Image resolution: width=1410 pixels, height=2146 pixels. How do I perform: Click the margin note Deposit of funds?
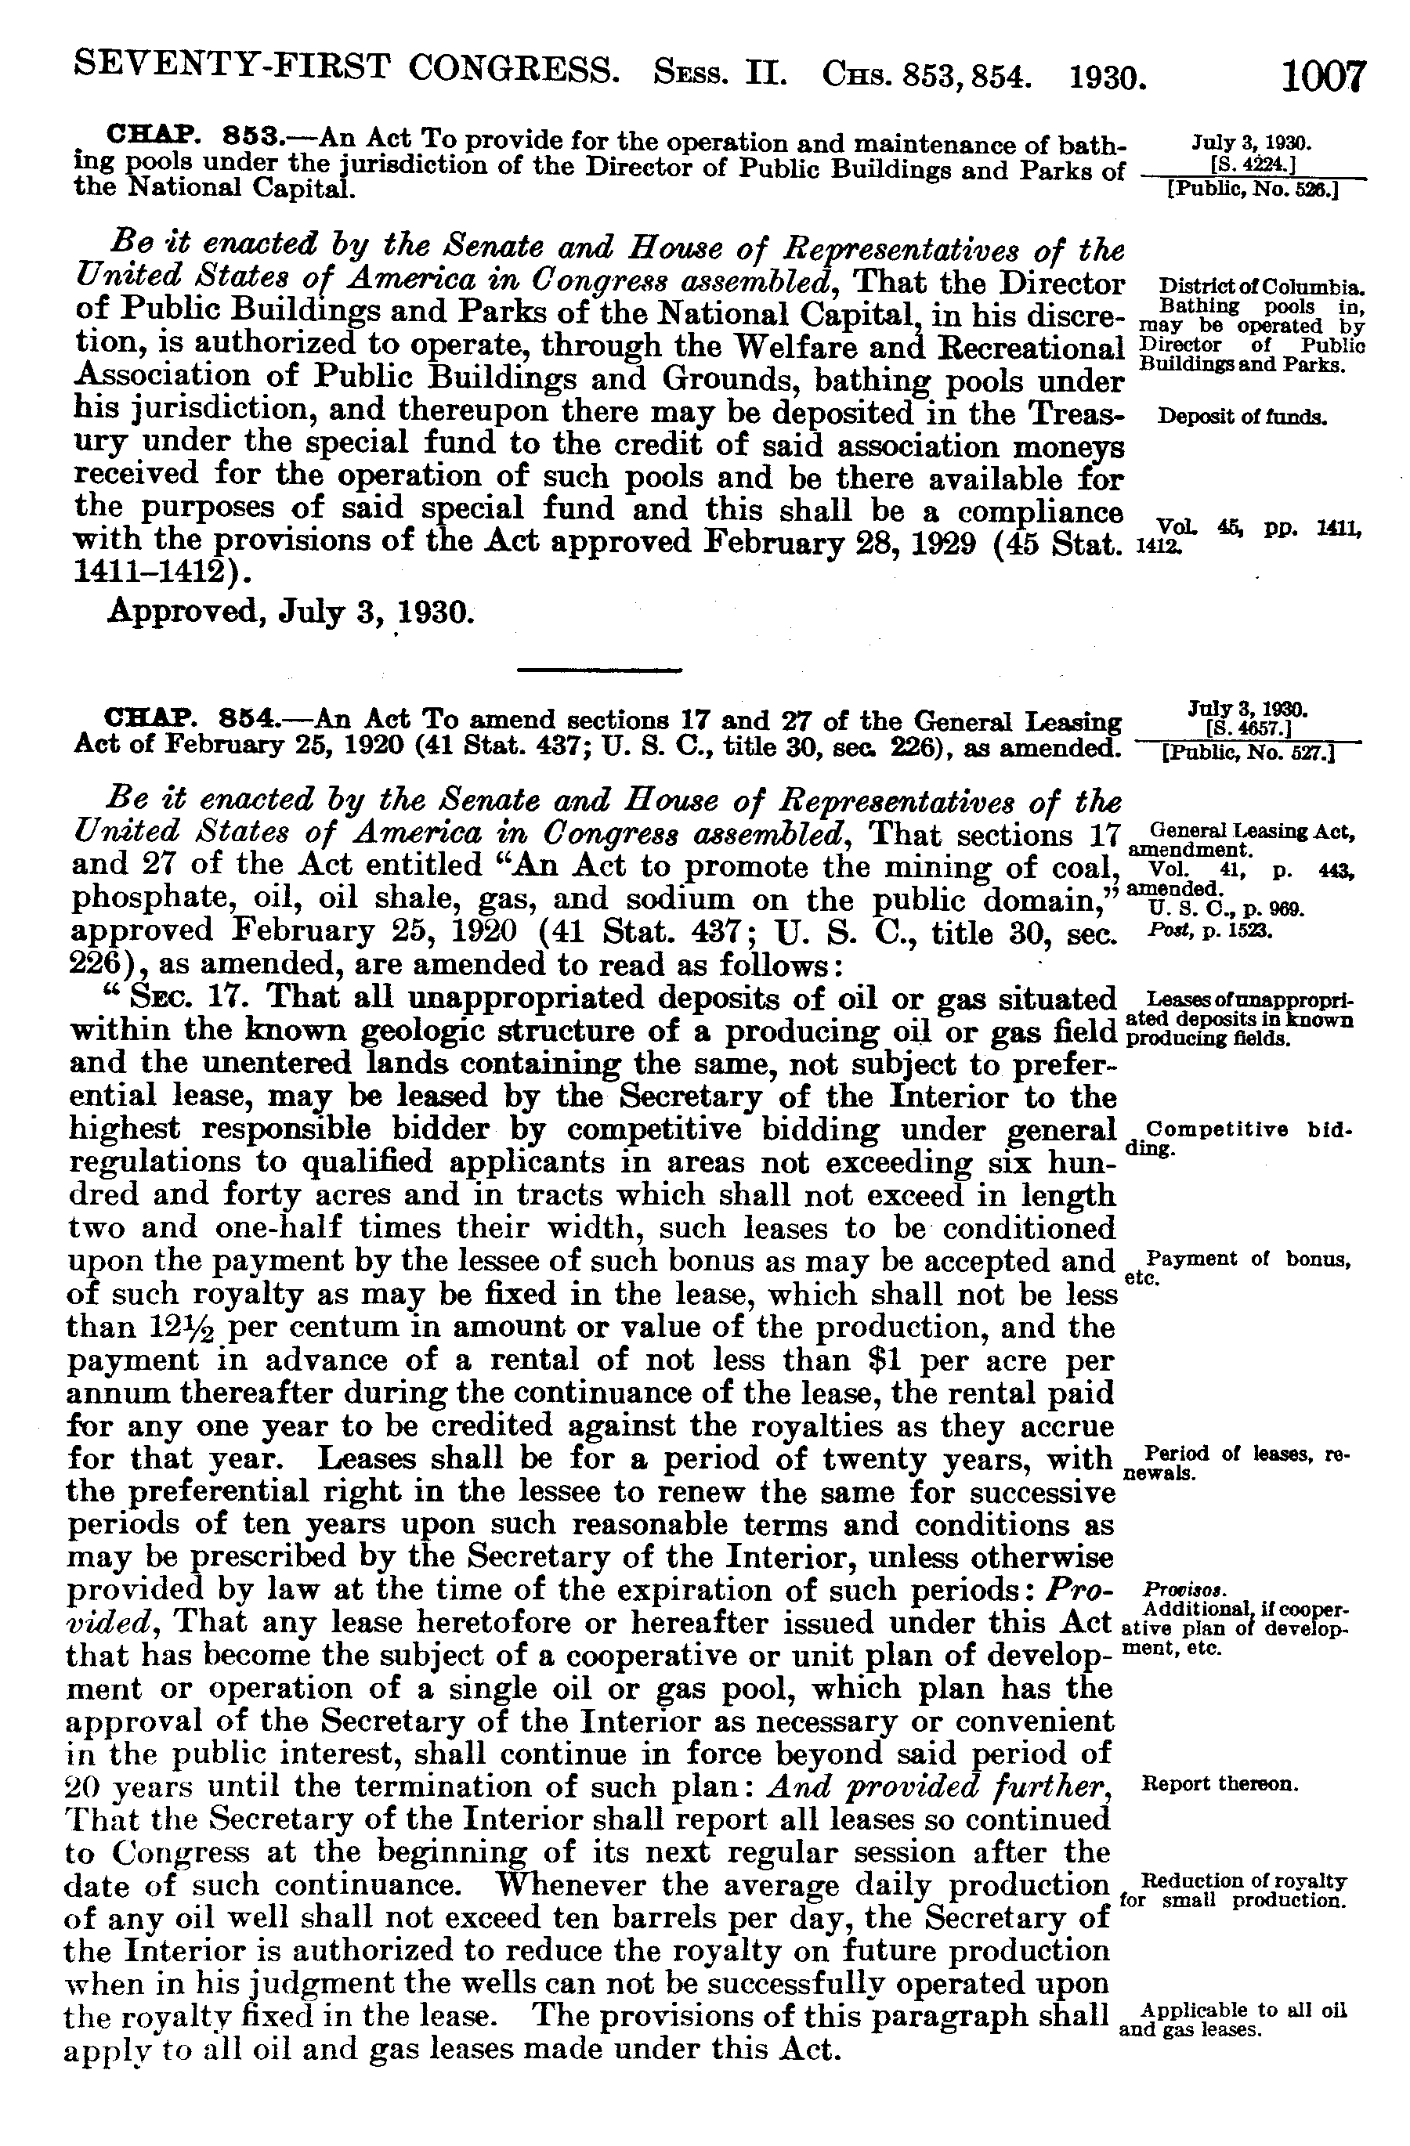coord(1242,417)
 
